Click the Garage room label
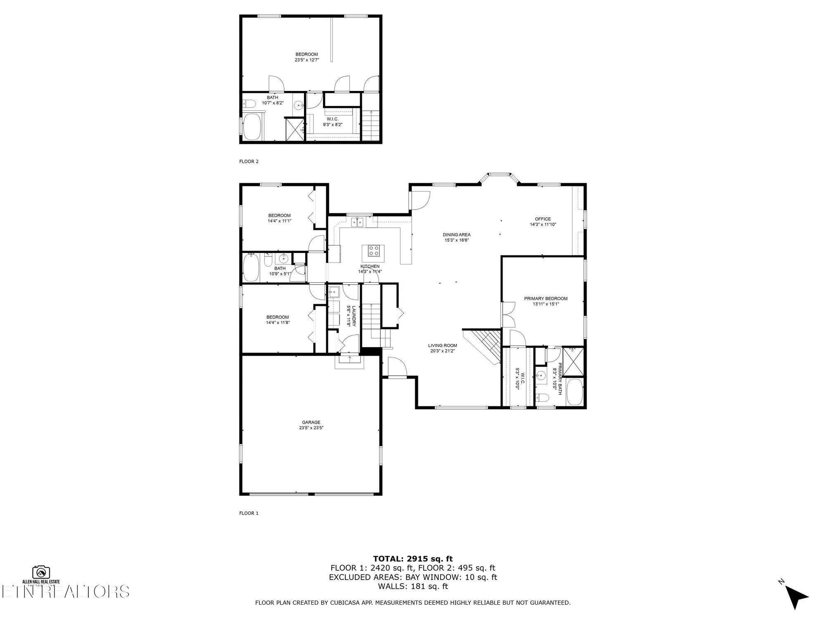[311, 422]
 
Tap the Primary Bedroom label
[546, 298]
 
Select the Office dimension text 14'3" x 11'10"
[543, 225]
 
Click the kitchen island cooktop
[373, 251]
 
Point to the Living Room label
[442, 346]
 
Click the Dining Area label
[456, 235]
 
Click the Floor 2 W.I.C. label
[332, 119]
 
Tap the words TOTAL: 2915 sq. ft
[413, 559]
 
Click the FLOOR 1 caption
[249, 513]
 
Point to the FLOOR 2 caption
[249, 162]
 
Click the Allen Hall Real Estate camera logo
[41, 572]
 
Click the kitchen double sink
[357, 222]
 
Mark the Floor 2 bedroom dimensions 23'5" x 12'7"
[306, 60]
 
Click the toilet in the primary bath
[542, 398]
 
